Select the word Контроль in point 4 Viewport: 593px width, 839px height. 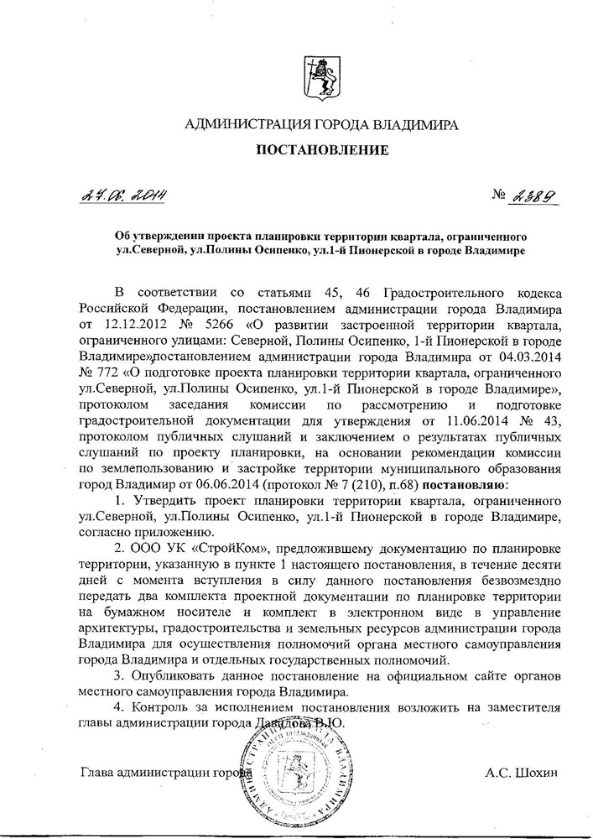coord(163,707)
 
